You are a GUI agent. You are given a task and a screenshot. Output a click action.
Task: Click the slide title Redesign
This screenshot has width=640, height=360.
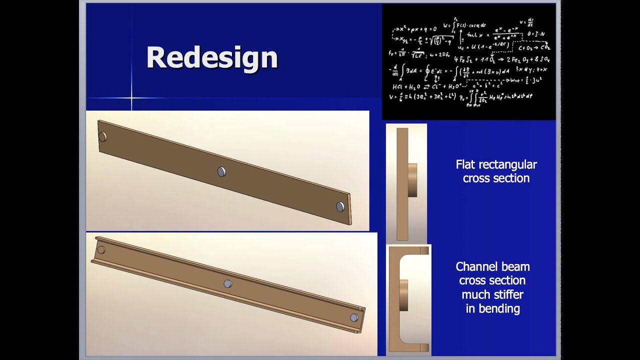[211, 57]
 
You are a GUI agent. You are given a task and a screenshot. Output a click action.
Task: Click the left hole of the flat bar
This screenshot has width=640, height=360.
[102, 136]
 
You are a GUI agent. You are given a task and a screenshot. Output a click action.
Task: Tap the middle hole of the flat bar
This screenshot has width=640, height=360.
[221, 171]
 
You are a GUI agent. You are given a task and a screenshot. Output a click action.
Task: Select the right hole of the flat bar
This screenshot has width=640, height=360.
[340, 206]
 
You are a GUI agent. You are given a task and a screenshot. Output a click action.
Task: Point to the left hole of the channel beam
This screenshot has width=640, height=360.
[101, 249]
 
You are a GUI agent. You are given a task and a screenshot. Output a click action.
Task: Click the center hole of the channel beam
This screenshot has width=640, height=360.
[227, 283]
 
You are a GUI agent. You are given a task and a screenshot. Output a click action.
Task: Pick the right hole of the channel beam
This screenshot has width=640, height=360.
[354, 317]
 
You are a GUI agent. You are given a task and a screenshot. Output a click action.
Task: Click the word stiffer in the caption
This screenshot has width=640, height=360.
[508, 294]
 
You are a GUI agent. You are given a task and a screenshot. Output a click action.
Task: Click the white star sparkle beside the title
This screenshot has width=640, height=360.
[131, 97]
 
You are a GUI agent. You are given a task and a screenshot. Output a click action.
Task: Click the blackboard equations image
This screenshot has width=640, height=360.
[468, 62]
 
